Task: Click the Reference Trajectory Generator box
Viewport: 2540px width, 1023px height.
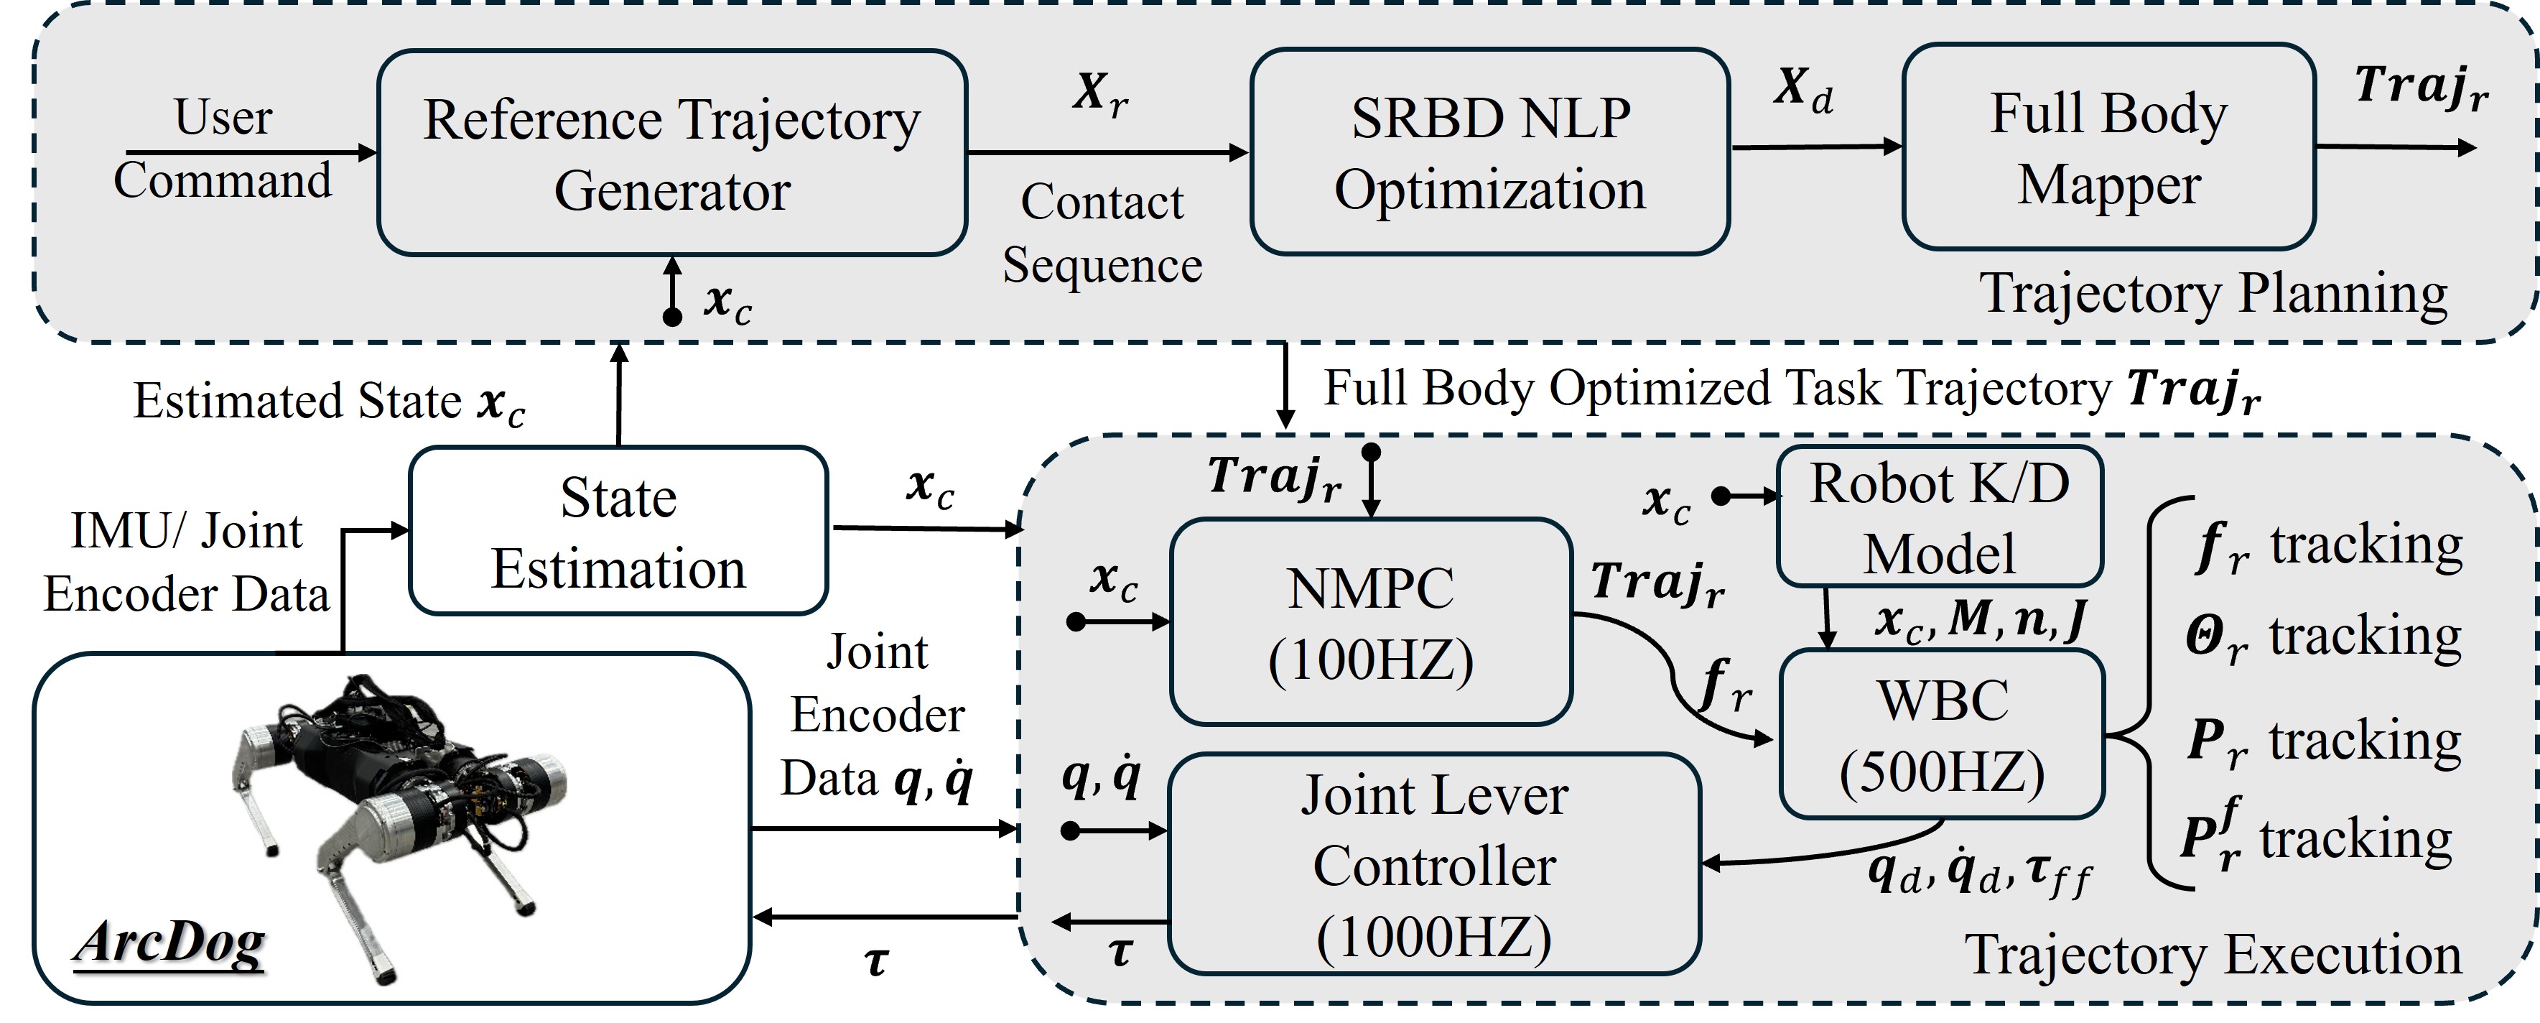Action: pyautogui.click(x=671, y=153)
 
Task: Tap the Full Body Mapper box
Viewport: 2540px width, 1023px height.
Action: pyautogui.click(x=2108, y=147)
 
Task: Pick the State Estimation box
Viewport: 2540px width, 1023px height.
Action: pyautogui.click(x=618, y=532)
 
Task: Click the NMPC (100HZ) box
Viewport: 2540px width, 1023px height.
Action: pyautogui.click(x=1371, y=622)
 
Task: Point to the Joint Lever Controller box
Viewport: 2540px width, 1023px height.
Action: pyautogui.click(x=1433, y=864)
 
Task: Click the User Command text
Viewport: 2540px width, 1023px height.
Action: pyautogui.click(x=223, y=148)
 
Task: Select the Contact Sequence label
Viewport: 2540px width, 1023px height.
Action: pyautogui.click(x=1102, y=233)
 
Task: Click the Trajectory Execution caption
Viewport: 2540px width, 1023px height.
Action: pyautogui.click(x=2213, y=955)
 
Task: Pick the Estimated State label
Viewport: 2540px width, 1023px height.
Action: pyautogui.click(x=328, y=402)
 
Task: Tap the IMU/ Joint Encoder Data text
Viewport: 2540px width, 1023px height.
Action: pyautogui.click(x=187, y=563)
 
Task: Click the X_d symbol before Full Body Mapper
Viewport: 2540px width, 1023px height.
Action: pyautogui.click(x=1803, y=90)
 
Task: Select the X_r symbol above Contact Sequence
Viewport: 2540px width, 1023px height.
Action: pyautogui.click(x=1100, y=93)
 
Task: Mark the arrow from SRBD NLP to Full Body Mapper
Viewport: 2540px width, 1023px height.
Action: pyautogui.click(x=1816, y=147)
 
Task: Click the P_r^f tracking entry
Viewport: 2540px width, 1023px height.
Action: pyautogui.click(x=2315, y=838)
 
